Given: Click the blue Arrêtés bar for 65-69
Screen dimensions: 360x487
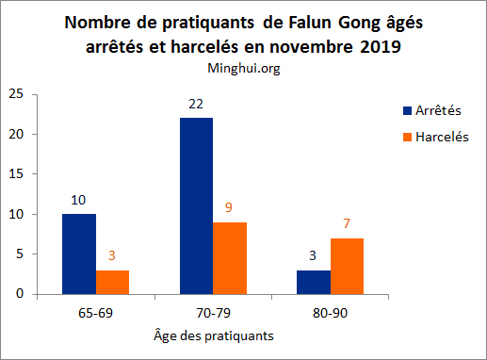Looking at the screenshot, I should pos(80,254).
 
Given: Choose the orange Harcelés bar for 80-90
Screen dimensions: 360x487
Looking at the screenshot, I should pos(346,266).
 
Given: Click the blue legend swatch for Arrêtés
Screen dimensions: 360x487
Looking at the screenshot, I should pos(406,110).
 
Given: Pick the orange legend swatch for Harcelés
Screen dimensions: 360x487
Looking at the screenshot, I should pos(406,138).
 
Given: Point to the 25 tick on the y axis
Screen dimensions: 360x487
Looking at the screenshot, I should pos(16,94).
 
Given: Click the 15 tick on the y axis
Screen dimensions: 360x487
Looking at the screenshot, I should pos(16,174).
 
